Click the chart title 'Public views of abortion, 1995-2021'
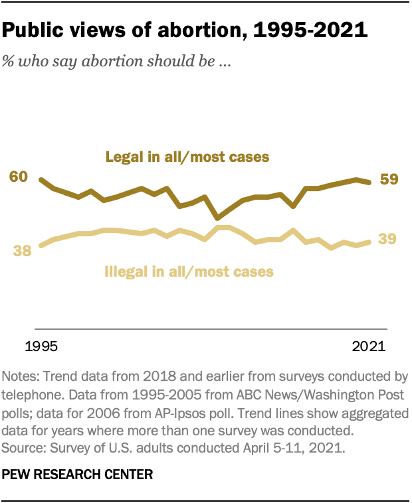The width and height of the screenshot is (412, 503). pyautogui.click(x=185, y=31)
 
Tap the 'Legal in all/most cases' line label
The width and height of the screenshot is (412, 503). pyautogui.click(x=187, y=157)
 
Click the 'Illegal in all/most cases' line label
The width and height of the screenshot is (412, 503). pyautogui.click(x=189, y=271)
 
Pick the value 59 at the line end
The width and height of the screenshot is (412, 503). pyautogui.click(x=388, y=179)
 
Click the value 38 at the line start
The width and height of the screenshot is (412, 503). pyautogui.click(x=23, y=251)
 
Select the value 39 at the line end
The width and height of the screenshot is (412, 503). pyautogui.click(x=388, y=239)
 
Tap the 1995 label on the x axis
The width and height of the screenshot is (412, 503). pyautogui.click(x=41, y=346)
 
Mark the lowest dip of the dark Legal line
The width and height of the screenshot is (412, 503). pyautogui.click(x=217, y=217)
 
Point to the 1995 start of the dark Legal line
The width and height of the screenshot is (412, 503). pyautogui.click(x=41, y=180)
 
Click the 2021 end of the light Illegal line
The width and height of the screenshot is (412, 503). pyautogui.click(x=369, y=242)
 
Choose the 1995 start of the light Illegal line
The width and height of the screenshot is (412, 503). pyautogui.click(x=41, y=246)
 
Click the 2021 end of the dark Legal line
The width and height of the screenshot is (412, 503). pyautogui.click(x=369, y=182)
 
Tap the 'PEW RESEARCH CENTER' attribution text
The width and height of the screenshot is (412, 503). pyautogui.click(x=78, y=474)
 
